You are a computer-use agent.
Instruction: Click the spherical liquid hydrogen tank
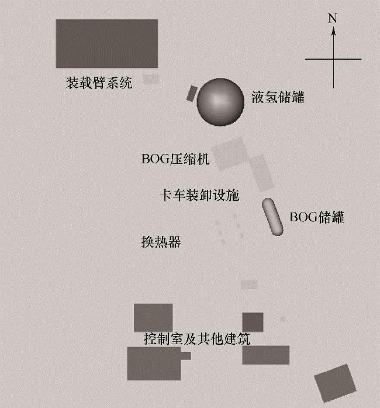219,102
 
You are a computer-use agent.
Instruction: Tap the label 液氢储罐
278,97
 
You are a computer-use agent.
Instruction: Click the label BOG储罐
317,217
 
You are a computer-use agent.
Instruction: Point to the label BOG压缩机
175,159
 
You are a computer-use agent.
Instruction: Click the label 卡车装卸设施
199,195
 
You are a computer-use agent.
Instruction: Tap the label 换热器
161,242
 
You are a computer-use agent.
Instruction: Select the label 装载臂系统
99,83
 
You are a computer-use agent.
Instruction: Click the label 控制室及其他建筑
197,339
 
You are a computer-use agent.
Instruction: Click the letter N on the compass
333,18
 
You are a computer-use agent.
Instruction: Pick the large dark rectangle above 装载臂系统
106,43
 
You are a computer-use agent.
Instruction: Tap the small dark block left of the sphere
192,93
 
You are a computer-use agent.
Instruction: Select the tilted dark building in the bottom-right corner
335,382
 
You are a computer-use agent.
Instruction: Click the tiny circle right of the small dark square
282,320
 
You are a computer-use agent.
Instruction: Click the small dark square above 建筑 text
253,322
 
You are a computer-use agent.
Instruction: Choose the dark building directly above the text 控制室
153,317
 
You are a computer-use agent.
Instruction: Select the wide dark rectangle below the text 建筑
266,355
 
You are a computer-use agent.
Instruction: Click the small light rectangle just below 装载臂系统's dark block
151,78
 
